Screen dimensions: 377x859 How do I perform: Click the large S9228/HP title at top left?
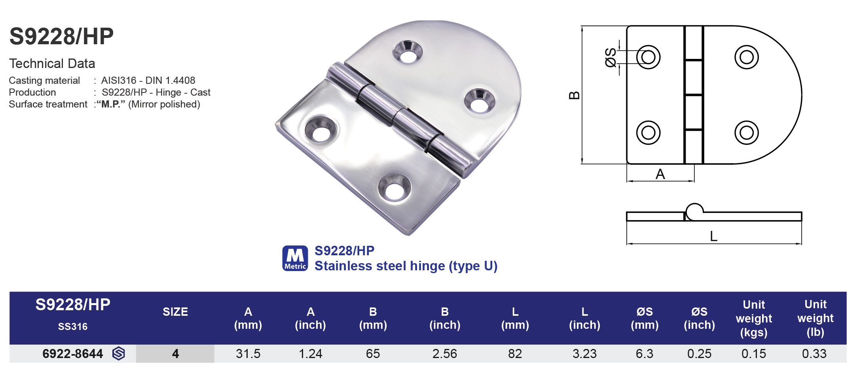[61, 36]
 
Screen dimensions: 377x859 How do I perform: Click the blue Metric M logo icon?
[295, 258]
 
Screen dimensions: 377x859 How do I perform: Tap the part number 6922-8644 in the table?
[72, 354]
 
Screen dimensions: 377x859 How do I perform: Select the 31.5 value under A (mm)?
[248, 354]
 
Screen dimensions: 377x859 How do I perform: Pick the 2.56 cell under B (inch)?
[444, 354]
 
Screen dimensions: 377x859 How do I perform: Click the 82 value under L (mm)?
[515, 354]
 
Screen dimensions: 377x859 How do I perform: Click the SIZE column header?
[175, 312]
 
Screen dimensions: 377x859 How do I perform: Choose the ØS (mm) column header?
[645, 318]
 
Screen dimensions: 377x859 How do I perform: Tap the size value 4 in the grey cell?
[175, 354]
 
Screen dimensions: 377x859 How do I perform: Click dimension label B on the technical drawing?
[574, 95]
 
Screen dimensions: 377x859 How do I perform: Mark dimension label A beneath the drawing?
[660, 174]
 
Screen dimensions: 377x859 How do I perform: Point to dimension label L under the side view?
[713, 236]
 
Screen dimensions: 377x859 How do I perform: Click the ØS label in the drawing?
[611, 58]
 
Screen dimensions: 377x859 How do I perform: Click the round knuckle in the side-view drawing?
[694, 211]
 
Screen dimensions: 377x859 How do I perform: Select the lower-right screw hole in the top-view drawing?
[746, 132]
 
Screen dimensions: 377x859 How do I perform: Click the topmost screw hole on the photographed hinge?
[408, 53]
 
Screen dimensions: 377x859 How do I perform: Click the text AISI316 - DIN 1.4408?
[148, 81]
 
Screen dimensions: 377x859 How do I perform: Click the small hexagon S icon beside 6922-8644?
[118, 354]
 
